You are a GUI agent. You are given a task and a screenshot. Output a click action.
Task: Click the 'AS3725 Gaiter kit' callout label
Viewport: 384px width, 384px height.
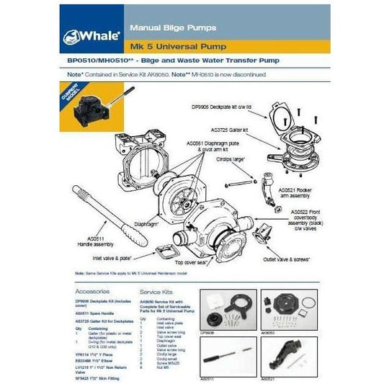tap(230, 130)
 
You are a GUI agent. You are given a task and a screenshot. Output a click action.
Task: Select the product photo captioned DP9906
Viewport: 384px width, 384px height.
tap(227, 310)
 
